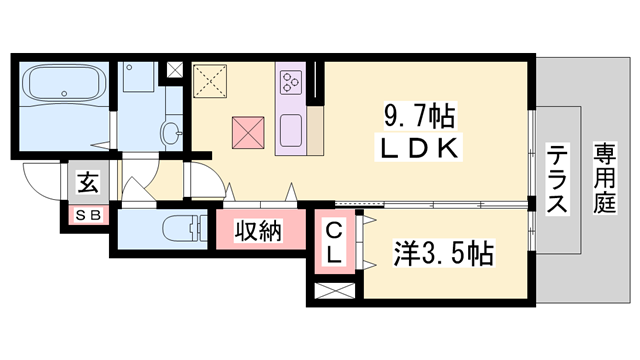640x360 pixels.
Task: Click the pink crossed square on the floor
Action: coord(247,132)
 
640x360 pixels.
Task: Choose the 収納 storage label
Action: coord(257,232)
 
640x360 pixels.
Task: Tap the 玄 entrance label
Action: coord(87,185)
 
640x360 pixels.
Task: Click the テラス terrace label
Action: coord(556,180)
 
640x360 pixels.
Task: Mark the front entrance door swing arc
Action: coord(42,185)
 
